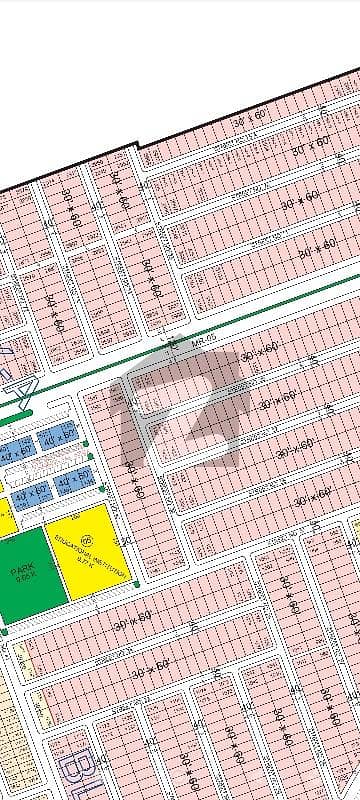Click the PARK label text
[23, 570]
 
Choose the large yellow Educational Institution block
[85, 550]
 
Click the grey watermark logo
[185, 420]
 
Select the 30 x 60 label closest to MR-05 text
[250, 350]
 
